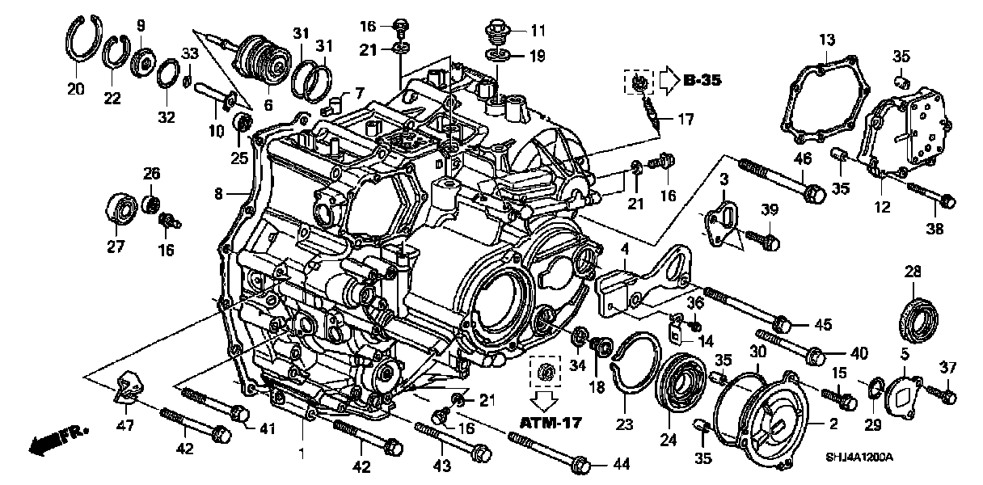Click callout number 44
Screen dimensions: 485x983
pyautogui.click(x=621, y=464)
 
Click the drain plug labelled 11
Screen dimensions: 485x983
pyautogui.click(x=495, y=33)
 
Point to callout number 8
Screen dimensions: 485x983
pyautogui.click(x=217, y=193)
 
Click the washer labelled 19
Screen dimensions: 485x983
pyautogui.click(x=495, y=55)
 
